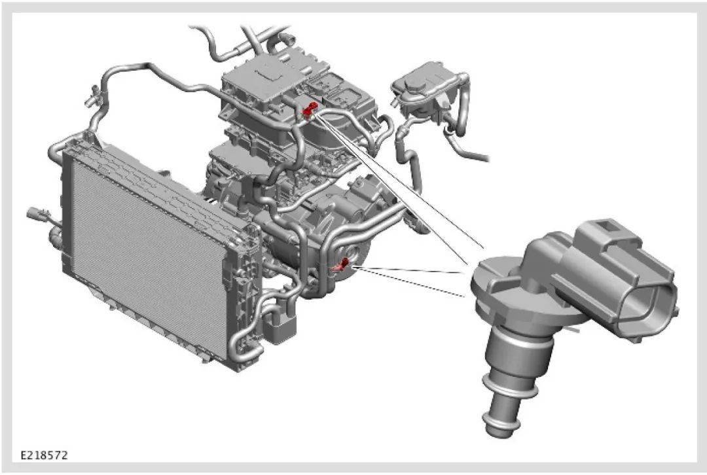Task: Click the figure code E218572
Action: [x=45, y=455]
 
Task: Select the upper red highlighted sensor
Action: [x=310, y=111]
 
